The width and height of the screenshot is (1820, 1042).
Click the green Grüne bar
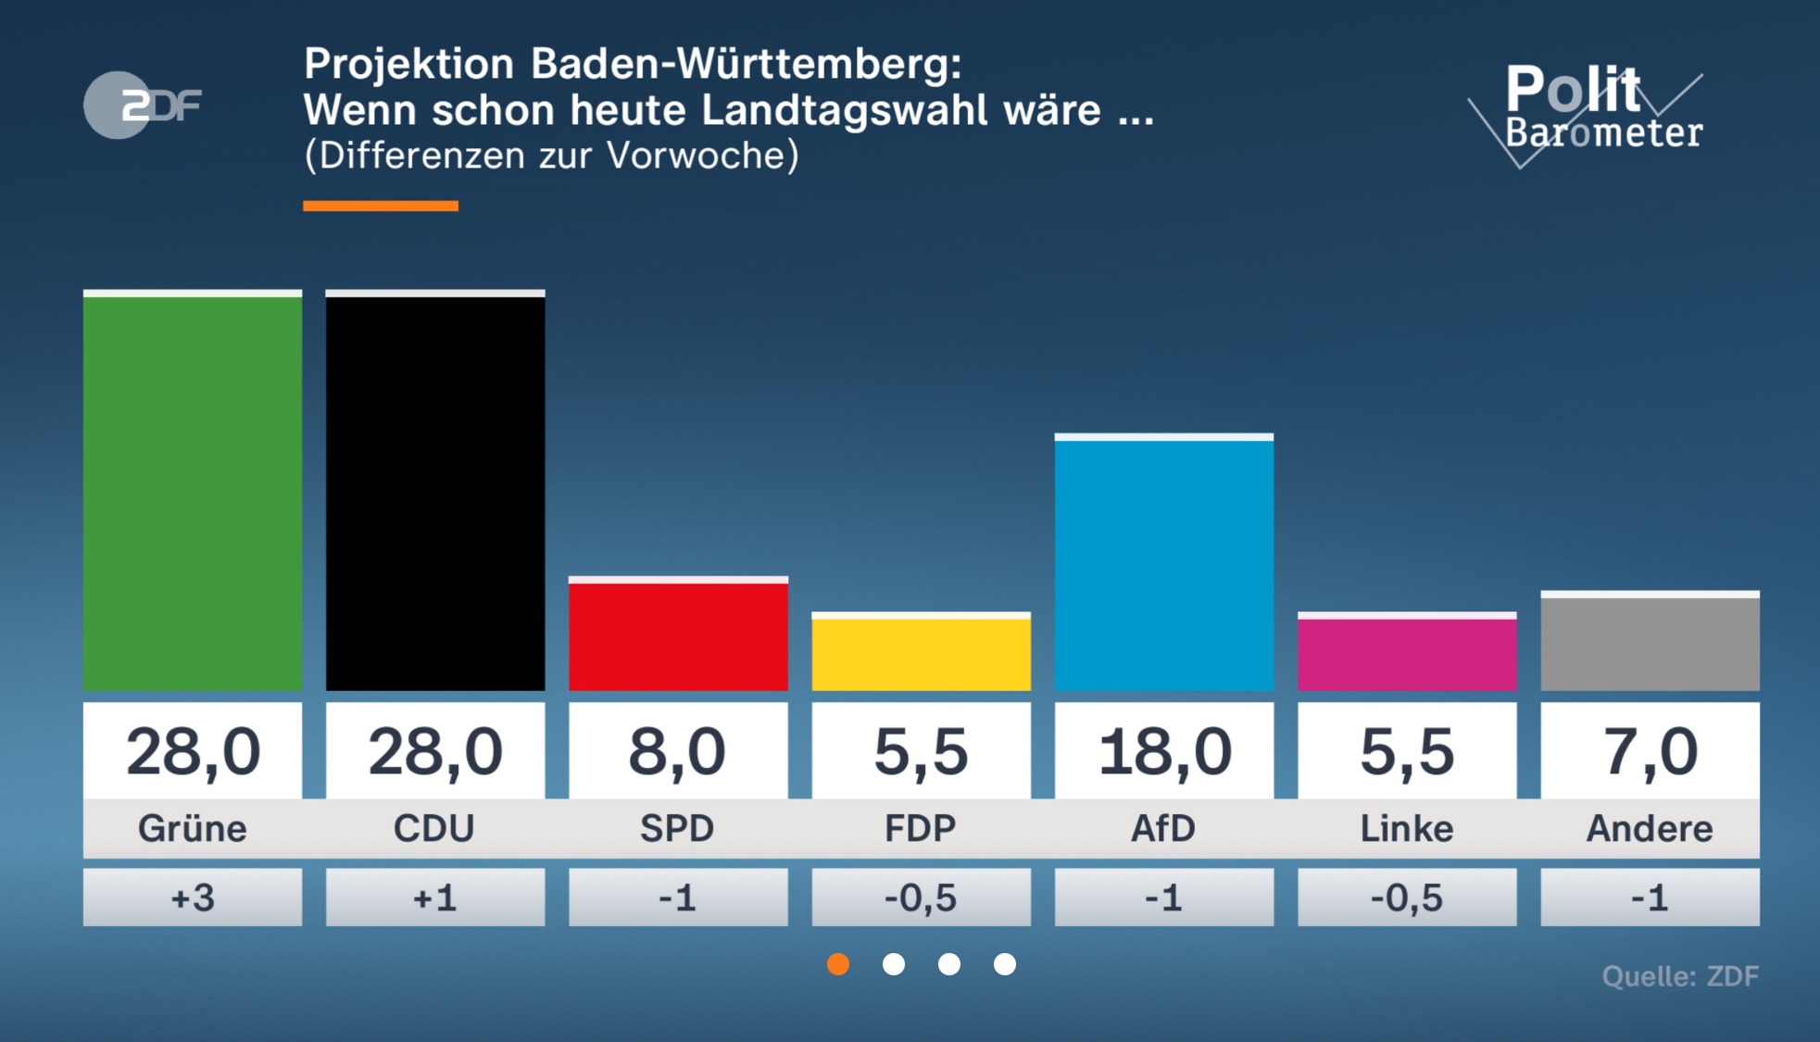coord(193,491)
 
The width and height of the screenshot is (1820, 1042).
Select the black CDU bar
coord(435,491)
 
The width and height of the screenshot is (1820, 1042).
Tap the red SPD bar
coord(678,634)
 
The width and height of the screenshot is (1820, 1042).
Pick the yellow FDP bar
coord(921,652)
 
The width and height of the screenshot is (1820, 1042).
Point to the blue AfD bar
coord(1163,563)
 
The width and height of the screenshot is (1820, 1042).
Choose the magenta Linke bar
coord(1407,652)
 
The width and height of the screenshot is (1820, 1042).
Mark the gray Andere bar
coord(1650,641)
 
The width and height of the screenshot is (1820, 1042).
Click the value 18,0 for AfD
coord(1163,751)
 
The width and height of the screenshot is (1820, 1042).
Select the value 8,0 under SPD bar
coord(678,751)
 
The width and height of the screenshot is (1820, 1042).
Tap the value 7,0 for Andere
coord(1650,751)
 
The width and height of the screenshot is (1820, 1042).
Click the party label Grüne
coord(193,828)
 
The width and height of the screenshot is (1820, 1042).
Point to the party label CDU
coord(435,828)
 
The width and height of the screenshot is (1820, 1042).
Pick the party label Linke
coord(1407,828)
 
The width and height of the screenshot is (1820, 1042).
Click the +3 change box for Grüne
coord(193,898)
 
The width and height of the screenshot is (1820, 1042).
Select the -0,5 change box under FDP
coord(921,898)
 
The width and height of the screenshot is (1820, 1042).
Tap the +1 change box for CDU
coord(435,898)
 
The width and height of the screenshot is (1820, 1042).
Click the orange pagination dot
coord(838,964)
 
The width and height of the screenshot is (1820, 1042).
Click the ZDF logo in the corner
coord(143,105)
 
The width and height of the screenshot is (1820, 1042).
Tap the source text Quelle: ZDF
coord(1680,976)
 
